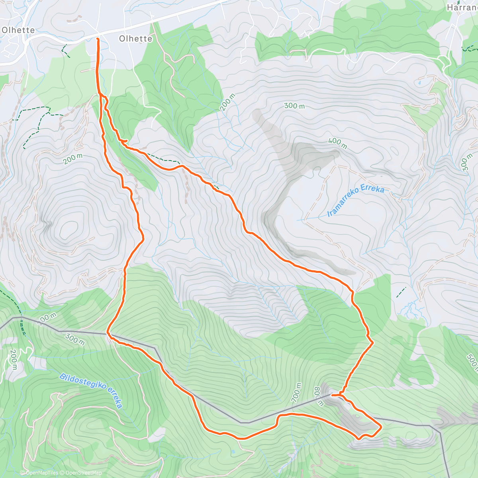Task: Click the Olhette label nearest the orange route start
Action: pos(135,39)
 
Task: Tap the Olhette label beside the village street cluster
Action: pos(18,30)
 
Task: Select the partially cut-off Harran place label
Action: pos(462,8)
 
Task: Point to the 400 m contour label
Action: pos(337,143)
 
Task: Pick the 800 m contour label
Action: pos(319,396)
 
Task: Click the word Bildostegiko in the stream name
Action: pos(81,382)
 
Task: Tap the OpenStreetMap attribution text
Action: pos(83,473)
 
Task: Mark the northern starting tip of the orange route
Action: pos(98,39)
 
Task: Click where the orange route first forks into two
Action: pos(100,94)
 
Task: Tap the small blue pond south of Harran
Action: pos(419,84)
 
